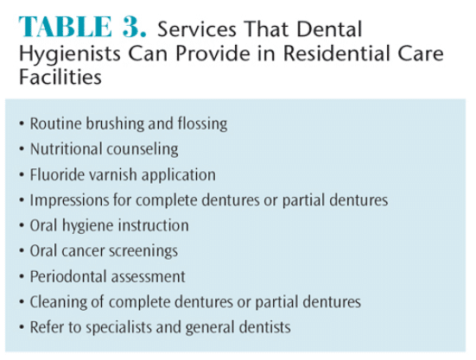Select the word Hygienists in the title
pyautogui.click(x=70, y=55)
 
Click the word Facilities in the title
pyautogui.click(x=60, y=77)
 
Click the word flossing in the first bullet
pyautogui.click(x=202, y=124)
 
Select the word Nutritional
pyautogui.click(x=66, y=148)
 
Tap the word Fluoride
pyautogui.click(x=53, y=174)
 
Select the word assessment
pyautogui.click(x=148, y=277)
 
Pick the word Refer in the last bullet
pyautogui.click(x=47, y=327)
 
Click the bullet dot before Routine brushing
pyautogui.click(x=22, y=124)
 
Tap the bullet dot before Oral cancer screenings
pyautogui.click(x=22, y=251)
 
